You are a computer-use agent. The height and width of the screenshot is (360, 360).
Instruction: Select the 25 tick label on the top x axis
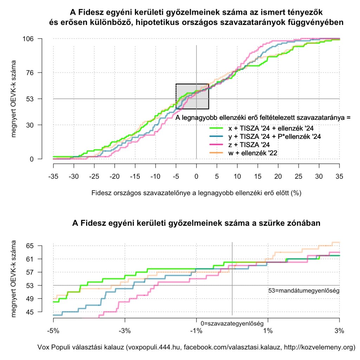[298, 175]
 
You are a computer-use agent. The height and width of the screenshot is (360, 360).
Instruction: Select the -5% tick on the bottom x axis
[53, 331]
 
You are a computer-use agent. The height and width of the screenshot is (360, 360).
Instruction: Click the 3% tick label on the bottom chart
[339, 331]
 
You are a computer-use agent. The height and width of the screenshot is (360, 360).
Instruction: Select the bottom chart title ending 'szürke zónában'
[196, 223]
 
